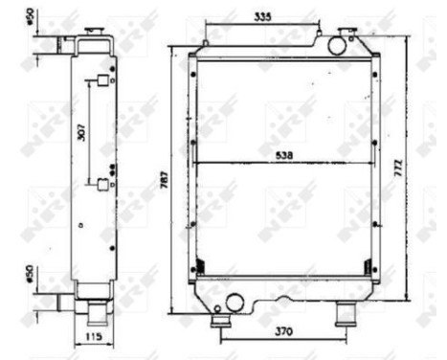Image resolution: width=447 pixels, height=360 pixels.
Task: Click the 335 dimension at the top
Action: click(x=261, y=16)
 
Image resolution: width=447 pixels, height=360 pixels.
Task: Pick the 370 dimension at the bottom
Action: click(x=283, y=332)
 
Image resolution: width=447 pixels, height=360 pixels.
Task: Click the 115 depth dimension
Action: click(x=92, y=336)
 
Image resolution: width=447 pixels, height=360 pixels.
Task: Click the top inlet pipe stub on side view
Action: click(x=63, y=43)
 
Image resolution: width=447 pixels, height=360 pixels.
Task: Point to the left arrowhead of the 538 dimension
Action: click(x=197, y=163)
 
